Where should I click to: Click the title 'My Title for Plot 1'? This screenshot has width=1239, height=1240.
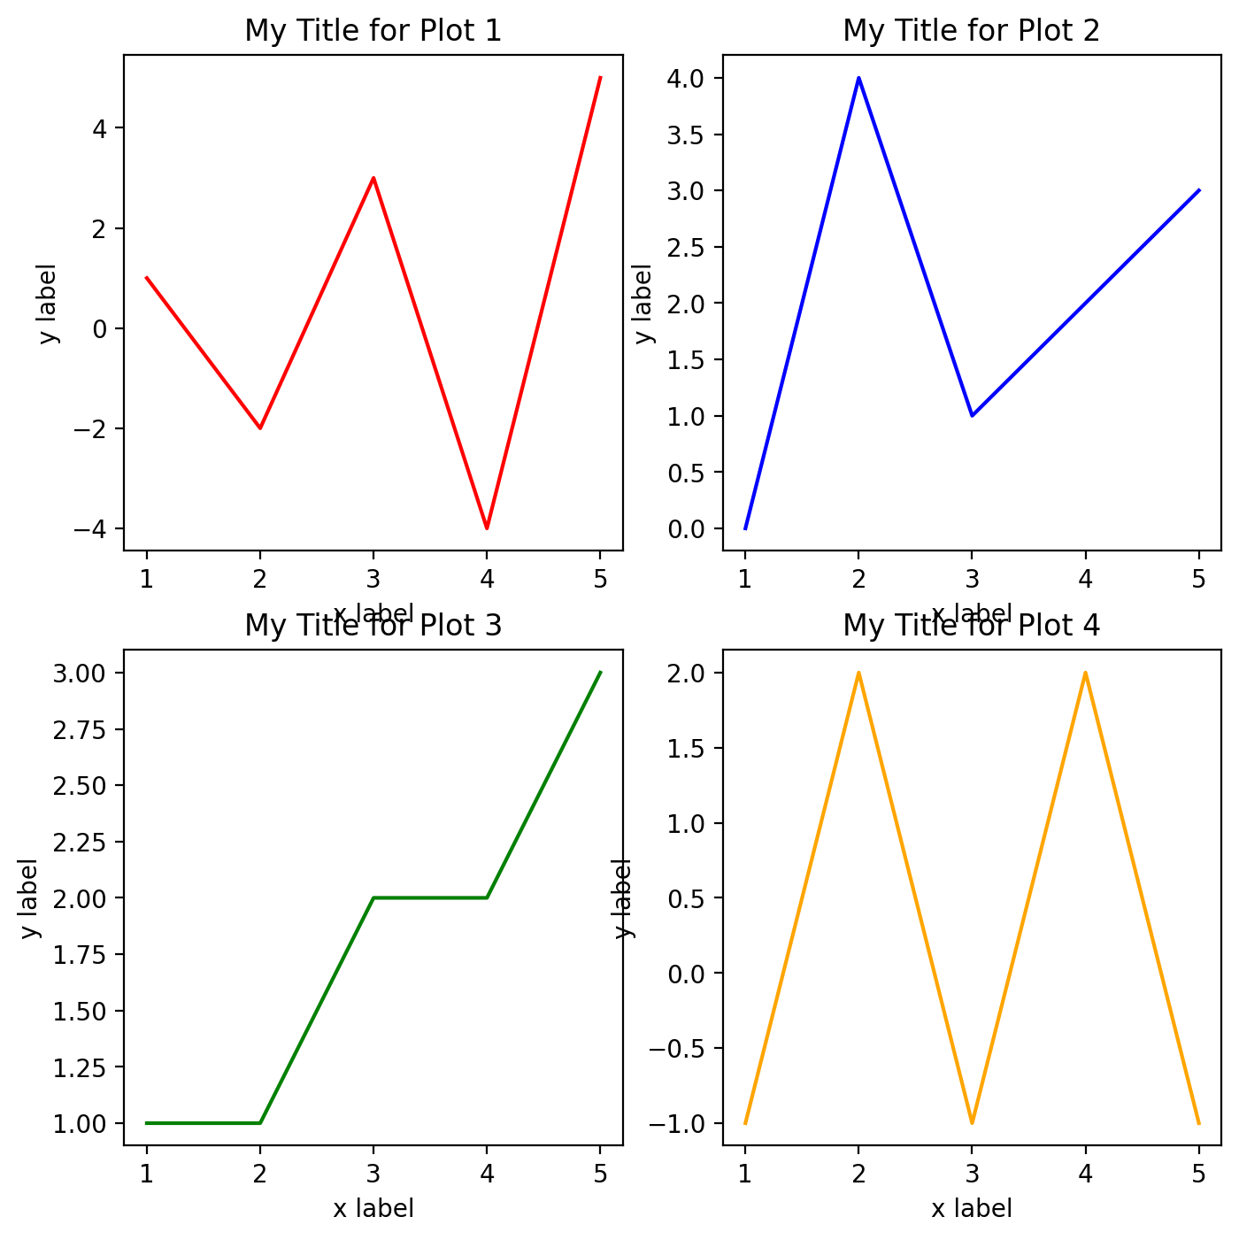(373, 31)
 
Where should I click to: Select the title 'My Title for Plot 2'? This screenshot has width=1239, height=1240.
(971, 31)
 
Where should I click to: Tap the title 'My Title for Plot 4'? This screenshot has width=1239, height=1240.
(971, 626)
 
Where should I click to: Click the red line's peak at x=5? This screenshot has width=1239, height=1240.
(600, 78)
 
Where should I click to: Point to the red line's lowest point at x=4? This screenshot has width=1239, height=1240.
(487, 528)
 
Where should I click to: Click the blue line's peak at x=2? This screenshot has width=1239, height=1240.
(858, 78)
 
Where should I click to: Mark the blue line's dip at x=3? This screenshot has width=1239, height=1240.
(972, 416)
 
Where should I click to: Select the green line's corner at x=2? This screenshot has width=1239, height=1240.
(260, 1123)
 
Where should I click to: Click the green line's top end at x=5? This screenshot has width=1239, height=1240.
(600, 673)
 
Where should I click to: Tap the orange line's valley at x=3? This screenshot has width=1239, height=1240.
(972, 1123)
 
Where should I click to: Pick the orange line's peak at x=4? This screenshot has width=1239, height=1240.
(1085, 673)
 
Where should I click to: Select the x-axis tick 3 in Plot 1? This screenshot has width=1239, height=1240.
(373, 580)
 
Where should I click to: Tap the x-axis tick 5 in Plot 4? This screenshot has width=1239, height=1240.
(1198, 1175)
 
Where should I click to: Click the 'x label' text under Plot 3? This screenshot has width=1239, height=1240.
(373, 1208)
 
